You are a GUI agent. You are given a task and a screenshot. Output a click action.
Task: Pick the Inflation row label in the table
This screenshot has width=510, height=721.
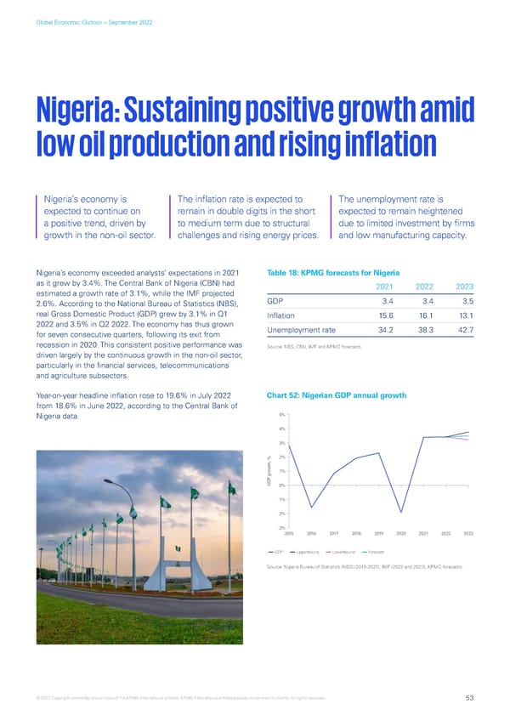(281, 316)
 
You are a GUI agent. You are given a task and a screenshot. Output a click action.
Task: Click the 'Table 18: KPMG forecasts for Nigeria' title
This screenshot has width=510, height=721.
(327, 271)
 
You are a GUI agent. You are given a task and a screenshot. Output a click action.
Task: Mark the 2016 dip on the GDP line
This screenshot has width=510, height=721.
(311, 508)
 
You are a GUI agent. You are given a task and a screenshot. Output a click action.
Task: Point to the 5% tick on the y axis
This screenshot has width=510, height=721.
(280, 414)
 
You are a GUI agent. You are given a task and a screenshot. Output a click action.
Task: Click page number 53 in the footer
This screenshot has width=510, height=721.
(469, 700)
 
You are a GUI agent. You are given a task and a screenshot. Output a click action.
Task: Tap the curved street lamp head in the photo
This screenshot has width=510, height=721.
(110, 482)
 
